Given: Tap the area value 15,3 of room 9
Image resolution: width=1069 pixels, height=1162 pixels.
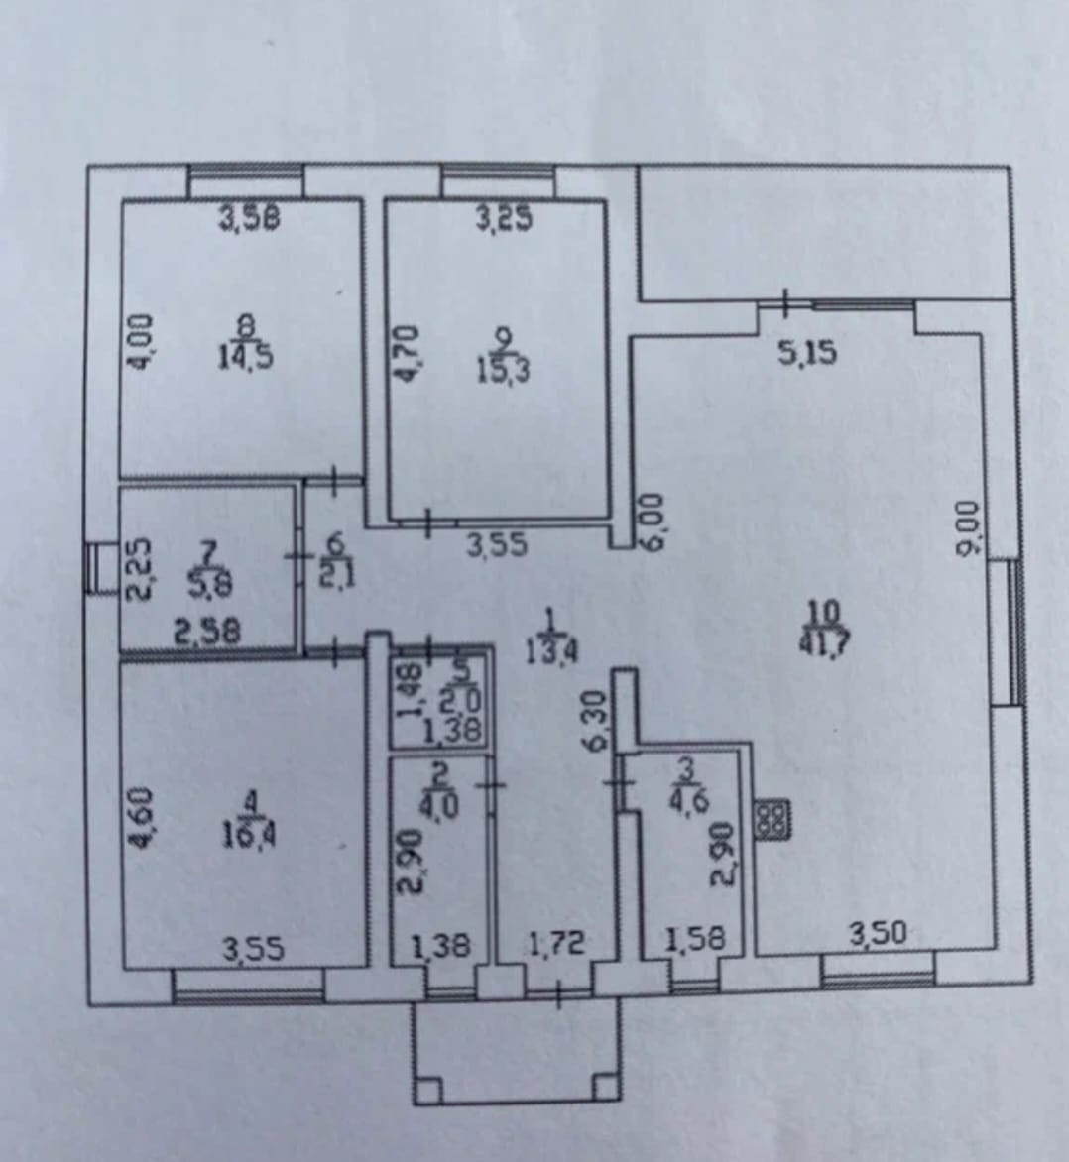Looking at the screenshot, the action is (503, 370).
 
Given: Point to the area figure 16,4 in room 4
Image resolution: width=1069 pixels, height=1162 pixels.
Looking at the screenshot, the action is (247, 835).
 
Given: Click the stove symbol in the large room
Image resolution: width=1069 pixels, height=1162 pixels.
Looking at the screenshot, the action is (771, 819).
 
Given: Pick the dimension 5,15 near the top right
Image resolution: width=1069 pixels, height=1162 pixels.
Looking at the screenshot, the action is (807, 352).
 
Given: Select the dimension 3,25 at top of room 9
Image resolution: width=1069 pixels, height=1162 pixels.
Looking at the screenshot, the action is (504, 217).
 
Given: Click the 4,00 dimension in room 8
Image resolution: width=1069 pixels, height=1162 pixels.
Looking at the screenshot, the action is (141, 343).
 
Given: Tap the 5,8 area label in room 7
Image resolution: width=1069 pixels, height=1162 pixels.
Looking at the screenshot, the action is (210, 585).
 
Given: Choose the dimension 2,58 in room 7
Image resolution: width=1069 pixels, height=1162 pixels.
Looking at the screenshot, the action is (207, 632).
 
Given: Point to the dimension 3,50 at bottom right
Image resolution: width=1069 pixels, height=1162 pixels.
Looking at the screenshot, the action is (878, 934).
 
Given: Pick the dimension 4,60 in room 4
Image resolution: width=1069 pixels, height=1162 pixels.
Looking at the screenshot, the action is (141, 819).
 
